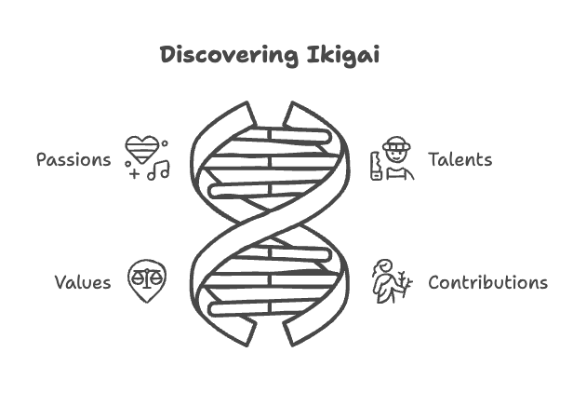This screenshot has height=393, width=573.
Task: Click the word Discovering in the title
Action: click(x=229, y=56)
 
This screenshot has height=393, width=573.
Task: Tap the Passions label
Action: click(x=73, y=160)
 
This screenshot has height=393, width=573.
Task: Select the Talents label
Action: click(x=460, y=159)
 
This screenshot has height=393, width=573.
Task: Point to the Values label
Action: click(x=82, y=282)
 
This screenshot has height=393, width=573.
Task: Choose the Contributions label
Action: click(x=487, y=282)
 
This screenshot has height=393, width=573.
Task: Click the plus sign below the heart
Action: click(x=135, y=174)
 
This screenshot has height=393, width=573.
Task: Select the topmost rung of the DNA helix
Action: click(x=270, y=135)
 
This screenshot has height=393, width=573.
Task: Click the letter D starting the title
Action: click(x=168, y=55)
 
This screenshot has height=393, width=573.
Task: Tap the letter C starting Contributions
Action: click(x=434, y=282)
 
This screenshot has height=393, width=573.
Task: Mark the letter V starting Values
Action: click(x=59, y=282)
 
